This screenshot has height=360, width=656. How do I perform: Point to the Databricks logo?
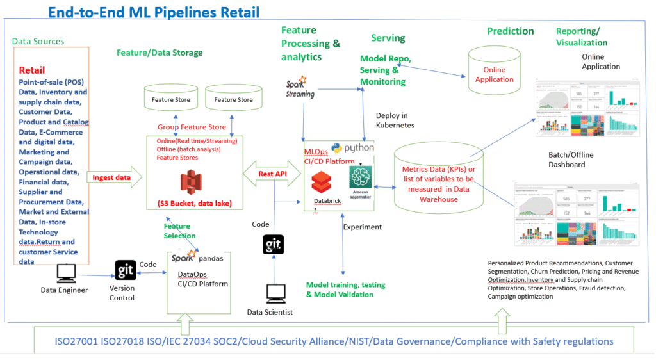(x=320, y=185)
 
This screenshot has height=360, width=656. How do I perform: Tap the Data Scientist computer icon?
(x=276, y=294)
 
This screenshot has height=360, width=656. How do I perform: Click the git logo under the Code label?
(x=274, y=245)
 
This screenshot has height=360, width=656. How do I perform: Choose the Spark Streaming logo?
(x=300, y=87)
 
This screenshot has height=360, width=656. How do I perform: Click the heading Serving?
(x=388, y=38)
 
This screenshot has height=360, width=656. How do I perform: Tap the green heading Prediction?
(x=510, y=31)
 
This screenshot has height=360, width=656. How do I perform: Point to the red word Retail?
(x=32, y=70)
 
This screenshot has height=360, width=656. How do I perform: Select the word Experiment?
(x=363, y=227)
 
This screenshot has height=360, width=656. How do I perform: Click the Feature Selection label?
(x=179, y=231)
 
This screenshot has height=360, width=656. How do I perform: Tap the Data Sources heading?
(x=38, y=41)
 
